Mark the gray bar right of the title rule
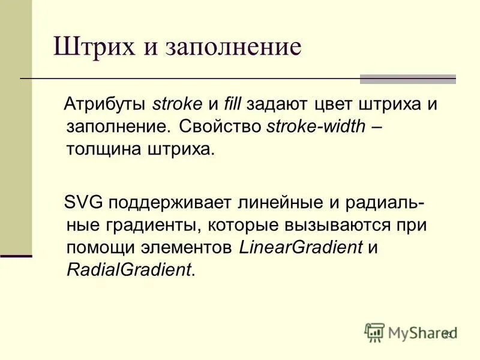click(x=407, y=79)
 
